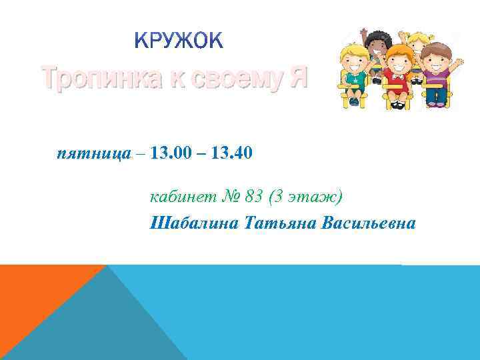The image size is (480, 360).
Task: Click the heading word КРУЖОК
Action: tap(179, 41)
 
